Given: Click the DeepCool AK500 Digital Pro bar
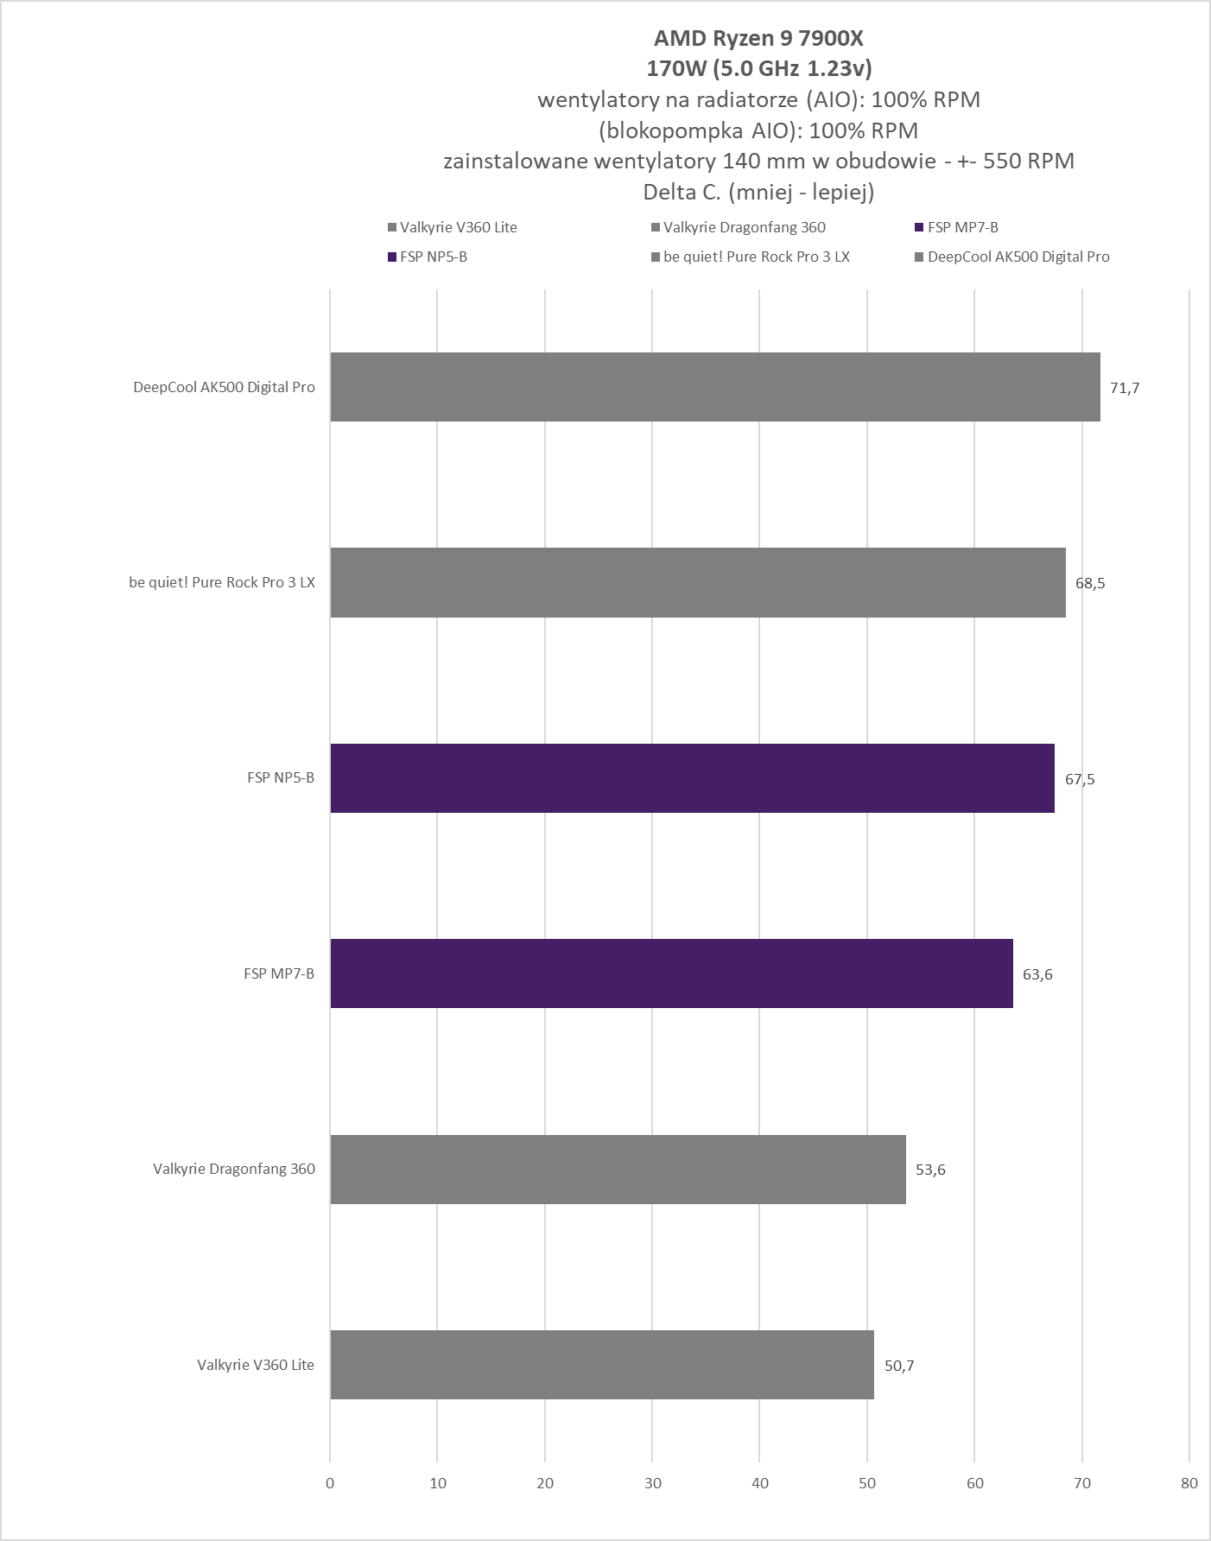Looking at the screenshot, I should click(x=715, y=387).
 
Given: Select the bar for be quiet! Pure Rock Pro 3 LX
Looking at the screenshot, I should click(x=698, y=582).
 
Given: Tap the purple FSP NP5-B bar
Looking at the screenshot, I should click(x=692, y=778).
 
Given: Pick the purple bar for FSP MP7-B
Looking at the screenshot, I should click(x=671, y=973).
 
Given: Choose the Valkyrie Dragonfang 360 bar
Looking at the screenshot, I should click(x=618, y=1169).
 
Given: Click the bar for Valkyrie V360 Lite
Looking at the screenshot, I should click(x=602, y=1365).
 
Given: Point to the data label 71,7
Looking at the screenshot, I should click(x=1125, y=388).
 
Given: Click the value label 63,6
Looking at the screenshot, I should click(x=1037, y=974).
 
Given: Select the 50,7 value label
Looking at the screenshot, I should click(x=899, y=1366).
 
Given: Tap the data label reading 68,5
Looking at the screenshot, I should click(x=1090, y=583).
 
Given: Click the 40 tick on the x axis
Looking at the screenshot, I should click(x=760, y=1483).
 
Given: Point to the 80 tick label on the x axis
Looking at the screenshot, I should click(x=1189, y=1483).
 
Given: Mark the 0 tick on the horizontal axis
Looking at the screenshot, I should click(x=330, y=1483).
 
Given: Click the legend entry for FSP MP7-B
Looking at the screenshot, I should click(x=962, y=227).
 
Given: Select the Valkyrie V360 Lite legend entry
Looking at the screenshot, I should click(x=458, y=227).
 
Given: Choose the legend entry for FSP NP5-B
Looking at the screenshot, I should click(x=433, y=257).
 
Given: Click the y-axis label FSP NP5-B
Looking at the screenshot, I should click(x=281, y=777).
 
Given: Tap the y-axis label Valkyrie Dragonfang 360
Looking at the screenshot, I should click(x=234, y=1169).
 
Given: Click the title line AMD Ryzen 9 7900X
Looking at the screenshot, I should click(x=758, y=38).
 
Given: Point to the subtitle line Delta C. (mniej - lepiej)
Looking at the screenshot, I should click(x=758, y=192).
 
